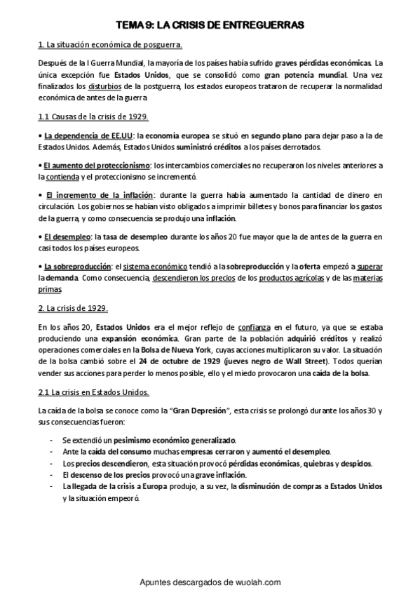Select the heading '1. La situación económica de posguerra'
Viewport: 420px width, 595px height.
110,46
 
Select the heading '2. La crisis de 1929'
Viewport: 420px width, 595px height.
73,308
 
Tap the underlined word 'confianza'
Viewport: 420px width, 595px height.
256,327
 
